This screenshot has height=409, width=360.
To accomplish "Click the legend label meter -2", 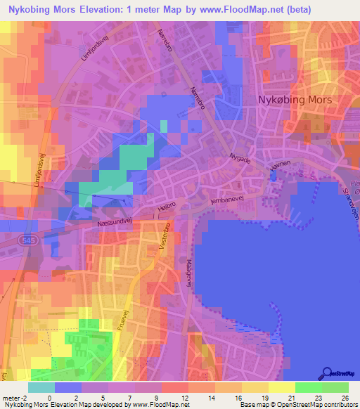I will [x=14, y=396].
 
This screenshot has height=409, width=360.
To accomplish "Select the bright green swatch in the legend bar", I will [x=335, y=387].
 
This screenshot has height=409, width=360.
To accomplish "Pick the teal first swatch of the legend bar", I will [x=41, y=387].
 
